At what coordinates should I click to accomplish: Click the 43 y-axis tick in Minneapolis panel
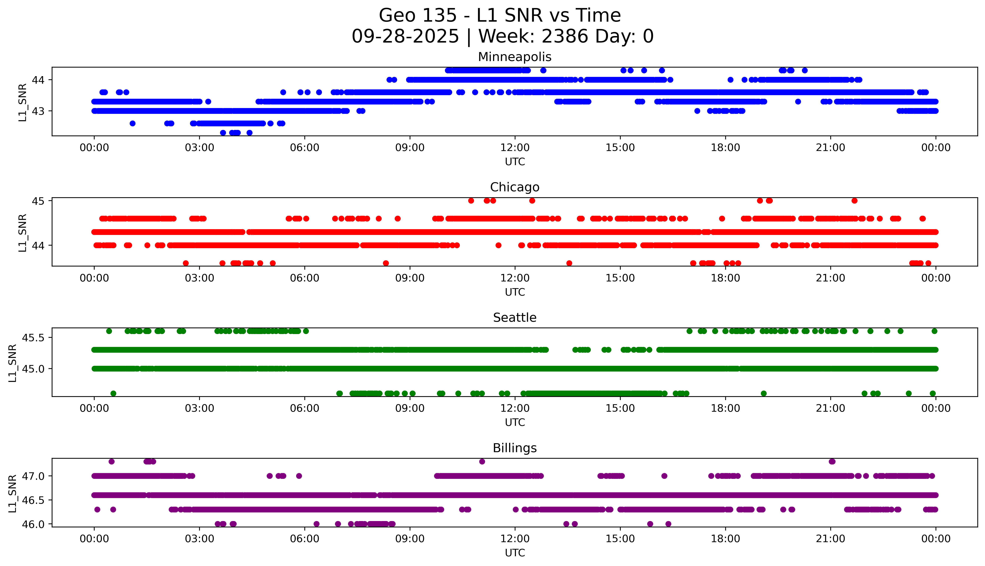coord(38,111)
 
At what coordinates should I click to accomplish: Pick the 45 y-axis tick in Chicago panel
coord(38,201)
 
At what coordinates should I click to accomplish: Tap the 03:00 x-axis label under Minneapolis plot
coord(200,148)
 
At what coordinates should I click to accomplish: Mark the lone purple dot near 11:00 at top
coord(482,461)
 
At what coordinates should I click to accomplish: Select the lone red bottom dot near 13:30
coord(569,263)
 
